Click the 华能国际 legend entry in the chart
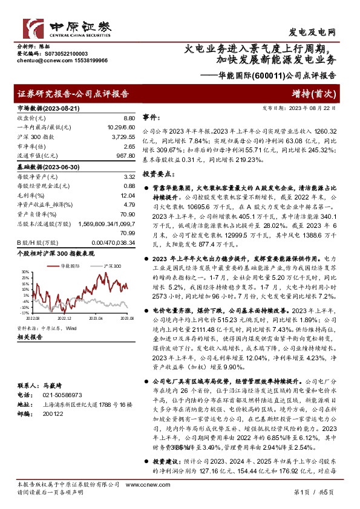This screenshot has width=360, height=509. pos(70,266)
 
